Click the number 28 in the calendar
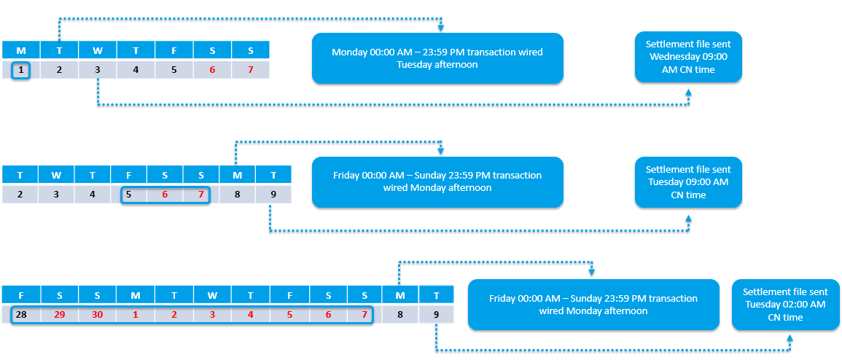pos(21,314)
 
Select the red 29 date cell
pos(59,314)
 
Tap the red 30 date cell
pos(97,314)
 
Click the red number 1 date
pos(136,314)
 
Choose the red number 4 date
pos(250,314)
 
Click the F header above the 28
pos(21,295)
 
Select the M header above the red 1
pos(136,295)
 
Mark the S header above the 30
pos(97,295)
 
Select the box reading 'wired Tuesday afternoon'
pos(437,58)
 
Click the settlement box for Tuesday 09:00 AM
pos(688,182)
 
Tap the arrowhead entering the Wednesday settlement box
pos(689,92)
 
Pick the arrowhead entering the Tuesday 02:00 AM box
pos(790,339)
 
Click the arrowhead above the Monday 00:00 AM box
pos(440,28)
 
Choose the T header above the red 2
pos(174,295)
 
